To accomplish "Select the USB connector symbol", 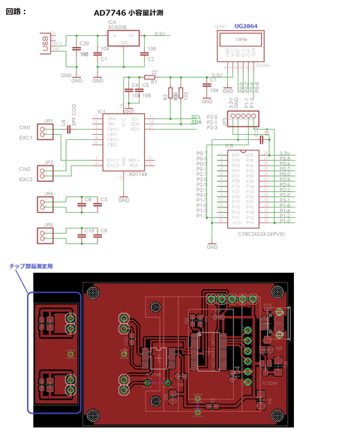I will click(47, 45).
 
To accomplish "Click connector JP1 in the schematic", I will click(48, 132).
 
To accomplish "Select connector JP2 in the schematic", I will click(48, 174).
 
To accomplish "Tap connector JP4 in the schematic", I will click(48, 205).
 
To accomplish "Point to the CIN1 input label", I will click(25, 128).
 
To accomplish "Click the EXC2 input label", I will click(25, 180).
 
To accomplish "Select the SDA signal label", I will click(196, 122).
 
